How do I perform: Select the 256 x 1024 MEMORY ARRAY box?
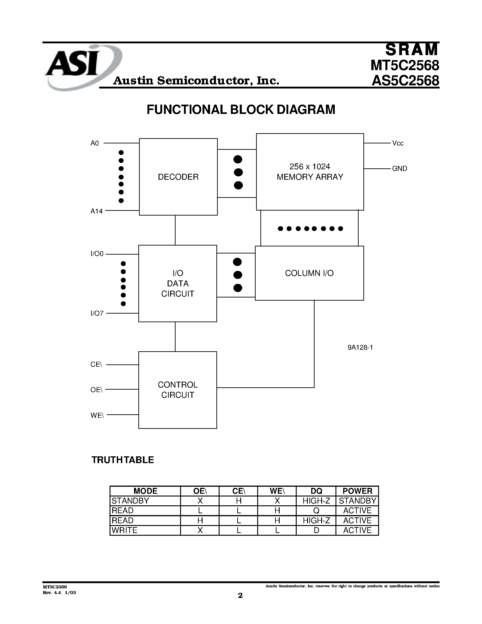coord(310,172)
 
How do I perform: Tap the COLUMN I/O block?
coord(309,273)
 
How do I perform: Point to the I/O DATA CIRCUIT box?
coord(178,283)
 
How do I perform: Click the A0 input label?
coord(95,143)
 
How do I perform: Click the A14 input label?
coord(97,211)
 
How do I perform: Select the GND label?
coord(399,169)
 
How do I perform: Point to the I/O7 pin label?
coord(97,313)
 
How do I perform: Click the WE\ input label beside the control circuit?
coord(97,415)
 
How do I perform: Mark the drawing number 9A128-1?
coord(360,347)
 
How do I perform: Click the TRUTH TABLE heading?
coord(122,460)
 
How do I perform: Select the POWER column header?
coord(357,491)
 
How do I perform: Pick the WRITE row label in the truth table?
coord(125,530)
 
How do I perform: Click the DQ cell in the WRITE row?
coord(316,530)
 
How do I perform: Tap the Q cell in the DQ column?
coord(316,510)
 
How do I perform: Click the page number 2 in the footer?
coord(240,595)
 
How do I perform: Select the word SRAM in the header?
coord(411,49)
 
